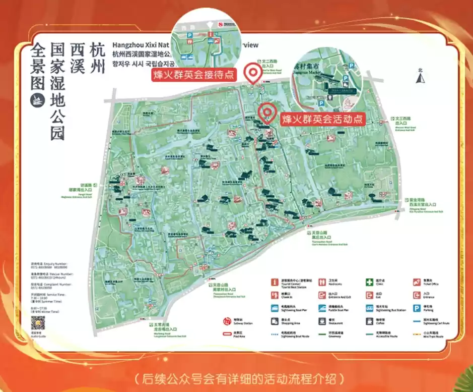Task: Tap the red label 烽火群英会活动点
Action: point(322,119)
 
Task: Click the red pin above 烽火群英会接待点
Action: point(252,74)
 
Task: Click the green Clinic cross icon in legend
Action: point(369,282)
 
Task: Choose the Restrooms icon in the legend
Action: point(322,282)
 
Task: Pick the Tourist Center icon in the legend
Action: point(275,282)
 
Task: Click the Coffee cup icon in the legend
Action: point(369,321)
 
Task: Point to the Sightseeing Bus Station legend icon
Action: point(369,308)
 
